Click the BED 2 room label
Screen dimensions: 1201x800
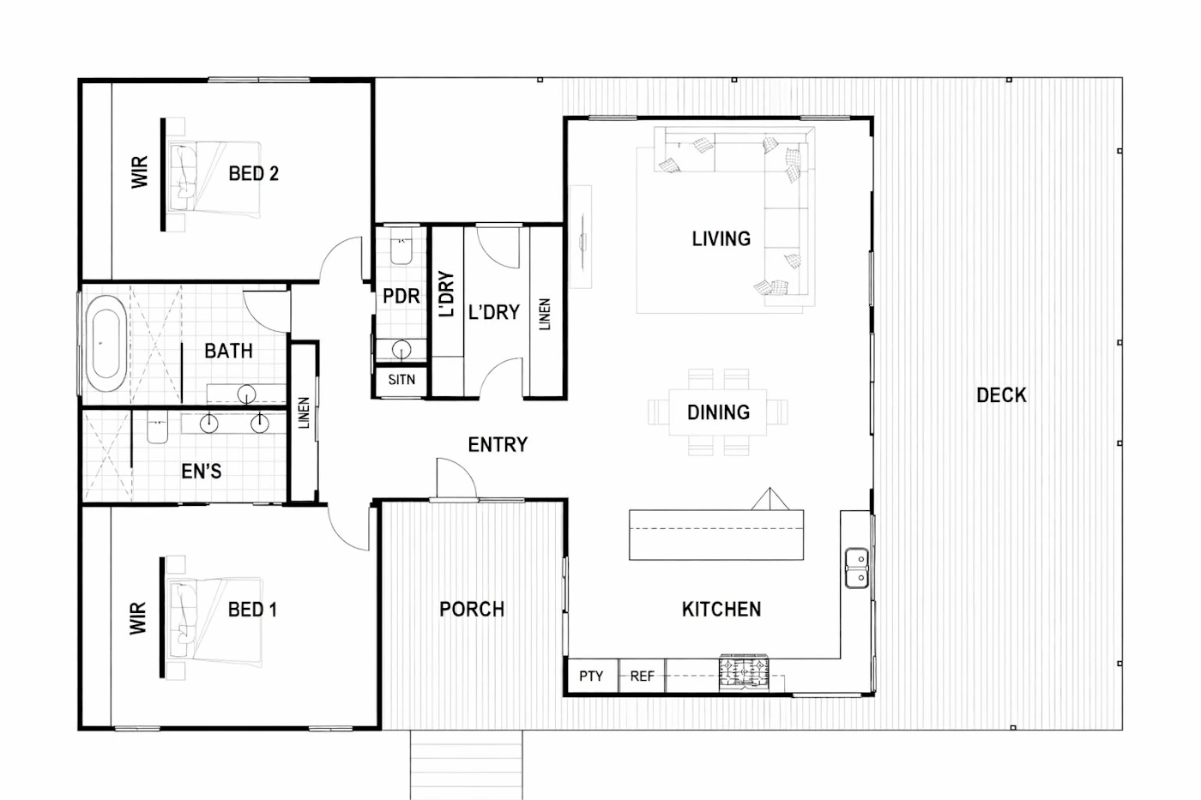(x=254, y=173)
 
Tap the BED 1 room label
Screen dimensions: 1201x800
(x=252, y=610)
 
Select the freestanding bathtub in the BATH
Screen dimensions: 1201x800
(x=106, y=344)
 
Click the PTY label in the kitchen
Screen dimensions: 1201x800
(x=591, y=677)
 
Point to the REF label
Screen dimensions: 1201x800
(x=642, y=677)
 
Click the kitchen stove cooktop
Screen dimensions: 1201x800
(x=745, y=673)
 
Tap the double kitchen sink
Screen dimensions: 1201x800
(x=857, y=568)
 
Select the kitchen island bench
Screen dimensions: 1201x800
(x=716, y=535)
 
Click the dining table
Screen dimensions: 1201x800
(x=718, y=412)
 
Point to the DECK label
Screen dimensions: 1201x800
(x=1001, y=395)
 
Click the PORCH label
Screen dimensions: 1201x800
(x=472, y=610)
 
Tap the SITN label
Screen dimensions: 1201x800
(x=401, y=380)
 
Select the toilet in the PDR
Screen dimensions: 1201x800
(x=401, y=248)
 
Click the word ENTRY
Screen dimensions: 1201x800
(x=498, y=445)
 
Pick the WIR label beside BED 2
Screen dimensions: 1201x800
(x=139, y=172)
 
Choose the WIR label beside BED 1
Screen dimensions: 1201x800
(x=138, y=618)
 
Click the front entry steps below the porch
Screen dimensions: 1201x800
(x=467, y=765)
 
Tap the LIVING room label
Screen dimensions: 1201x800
(x=721, y=239)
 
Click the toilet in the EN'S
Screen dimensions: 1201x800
(x=158, y=428)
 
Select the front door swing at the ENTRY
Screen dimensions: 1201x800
(x=456, y=478)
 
